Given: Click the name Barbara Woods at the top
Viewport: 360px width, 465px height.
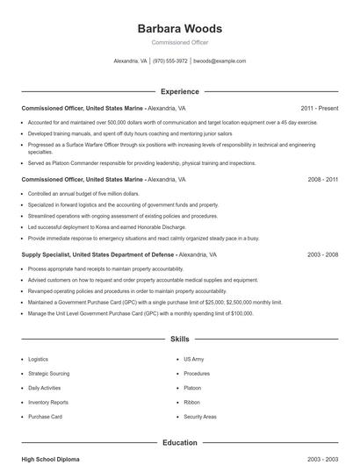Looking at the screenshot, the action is [x=179, y=28].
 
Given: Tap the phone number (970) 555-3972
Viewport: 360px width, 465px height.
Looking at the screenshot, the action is [x=170, y=61].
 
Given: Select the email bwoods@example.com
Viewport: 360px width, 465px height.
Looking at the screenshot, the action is [x=219, y=61].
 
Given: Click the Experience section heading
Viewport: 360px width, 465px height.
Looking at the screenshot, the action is [x=179, y=91].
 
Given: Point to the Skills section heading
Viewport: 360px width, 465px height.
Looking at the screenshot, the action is [x=179, y=338].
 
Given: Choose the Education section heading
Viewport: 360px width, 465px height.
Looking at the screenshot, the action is [x=179, y=443].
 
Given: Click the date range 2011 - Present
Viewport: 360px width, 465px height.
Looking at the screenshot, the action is [x=319, y=108].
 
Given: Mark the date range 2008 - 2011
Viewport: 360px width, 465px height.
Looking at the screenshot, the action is [x=322, y=179].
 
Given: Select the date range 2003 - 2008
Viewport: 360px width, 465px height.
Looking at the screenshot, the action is [x=322, y=254].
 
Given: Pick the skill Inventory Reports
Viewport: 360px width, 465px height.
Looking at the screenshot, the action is [x=47, y=402].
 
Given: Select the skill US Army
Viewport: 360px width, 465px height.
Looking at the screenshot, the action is [x=193, y=359].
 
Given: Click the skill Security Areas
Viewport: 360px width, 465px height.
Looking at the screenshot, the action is [x=199, y=417].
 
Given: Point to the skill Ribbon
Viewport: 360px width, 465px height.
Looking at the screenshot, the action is [x=191, y=402].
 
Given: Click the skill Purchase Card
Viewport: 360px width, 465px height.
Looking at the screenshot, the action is [x=45, y=417].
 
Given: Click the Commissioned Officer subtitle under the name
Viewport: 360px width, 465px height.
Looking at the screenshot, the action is [x=179, y=42].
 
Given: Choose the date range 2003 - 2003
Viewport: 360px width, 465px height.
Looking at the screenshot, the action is [x=322, y=459].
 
